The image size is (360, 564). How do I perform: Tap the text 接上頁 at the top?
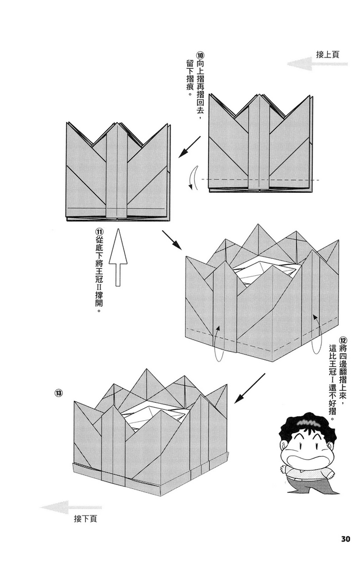[x=327, y=54]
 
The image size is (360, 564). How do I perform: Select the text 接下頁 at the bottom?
[x=85, y=518]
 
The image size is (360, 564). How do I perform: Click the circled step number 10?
[x=200, y=55]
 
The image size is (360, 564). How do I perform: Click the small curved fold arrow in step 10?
[x=194, y=179]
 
